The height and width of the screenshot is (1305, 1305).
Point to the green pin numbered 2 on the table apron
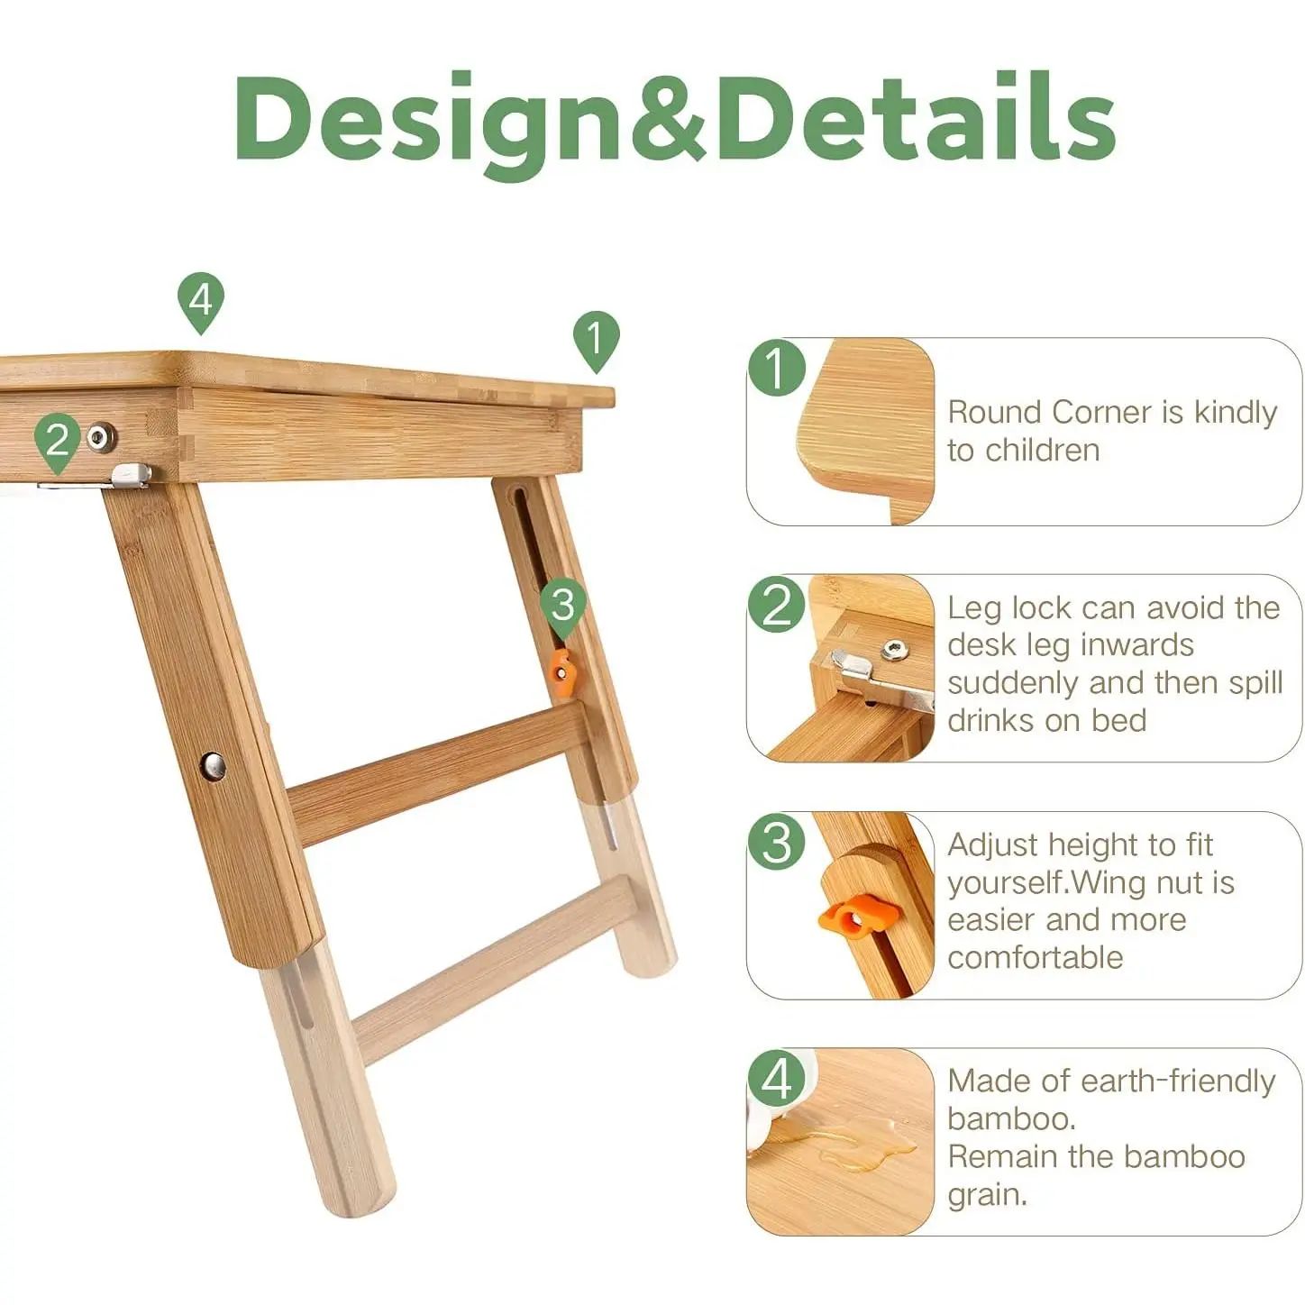tap(58, 443)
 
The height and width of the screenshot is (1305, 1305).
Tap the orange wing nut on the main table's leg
tap(561, 672)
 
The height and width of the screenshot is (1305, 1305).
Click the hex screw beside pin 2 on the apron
tap(101, 437)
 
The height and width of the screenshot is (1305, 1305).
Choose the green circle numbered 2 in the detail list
tap(777, 605)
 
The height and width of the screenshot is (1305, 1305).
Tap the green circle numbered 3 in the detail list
tap(777, 842)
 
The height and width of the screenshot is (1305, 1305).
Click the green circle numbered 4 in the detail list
tap(777, 1079)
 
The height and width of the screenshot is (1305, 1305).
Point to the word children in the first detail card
tap(1042, 451)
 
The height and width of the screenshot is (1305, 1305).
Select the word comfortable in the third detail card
tap(1036, 958)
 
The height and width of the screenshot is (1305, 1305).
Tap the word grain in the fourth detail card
tap(988, 1195)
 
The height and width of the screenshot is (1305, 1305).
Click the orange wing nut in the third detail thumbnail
tap(858, 916)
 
